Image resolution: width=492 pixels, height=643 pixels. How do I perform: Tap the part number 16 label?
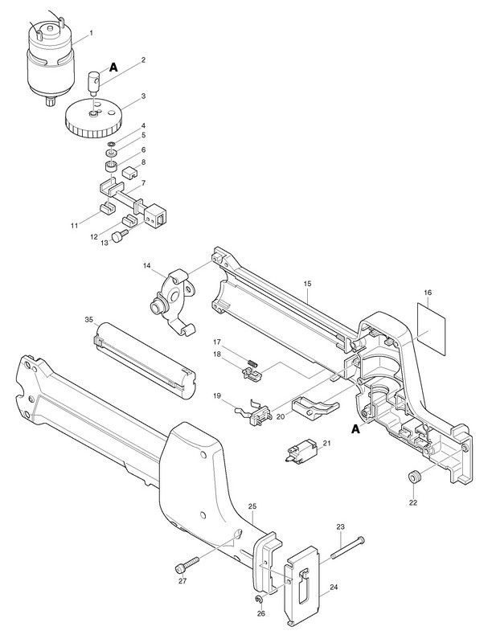pyautogui.click(x=428, y=294)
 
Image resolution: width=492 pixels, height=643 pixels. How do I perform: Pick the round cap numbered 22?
pyautogui.click(x=414, y=477)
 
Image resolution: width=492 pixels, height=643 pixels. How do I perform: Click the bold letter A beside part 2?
pyautogui.click(x=113, y=69)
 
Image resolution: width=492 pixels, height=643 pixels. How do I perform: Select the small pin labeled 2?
pyautogui.click(x=93, y=80)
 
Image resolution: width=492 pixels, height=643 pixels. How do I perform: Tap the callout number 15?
pyautogui.click(x=308, y=284)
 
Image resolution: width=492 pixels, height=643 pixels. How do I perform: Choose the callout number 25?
pyautogui.click(x=252, y=506)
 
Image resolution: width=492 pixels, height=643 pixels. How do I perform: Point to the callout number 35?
pyautogui.click(x=89, y=319)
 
